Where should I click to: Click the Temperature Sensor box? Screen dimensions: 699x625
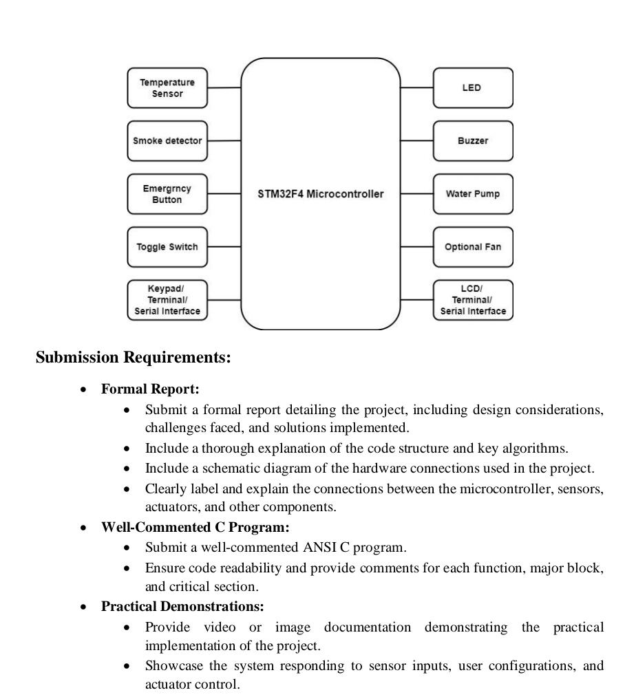pos(167,88)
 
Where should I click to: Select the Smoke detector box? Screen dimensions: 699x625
pos(167,141)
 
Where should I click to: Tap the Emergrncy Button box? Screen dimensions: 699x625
pos(167,194)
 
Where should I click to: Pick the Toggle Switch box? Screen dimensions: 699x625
pos(167,247)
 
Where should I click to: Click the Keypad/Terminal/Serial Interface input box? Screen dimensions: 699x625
pos(167,301)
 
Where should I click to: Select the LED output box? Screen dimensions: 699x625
pos(473,88)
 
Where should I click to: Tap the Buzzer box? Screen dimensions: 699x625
pos(473,141)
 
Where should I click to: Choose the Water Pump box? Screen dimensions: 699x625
pos(473,194)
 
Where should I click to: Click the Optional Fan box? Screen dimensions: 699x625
pos(473,247)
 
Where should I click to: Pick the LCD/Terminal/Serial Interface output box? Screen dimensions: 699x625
pos(473,301)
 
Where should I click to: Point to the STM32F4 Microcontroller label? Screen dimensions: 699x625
pos(320,194)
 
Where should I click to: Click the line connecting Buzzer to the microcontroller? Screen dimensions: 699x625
pos(416,141)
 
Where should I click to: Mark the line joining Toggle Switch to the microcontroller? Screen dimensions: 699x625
pos(224,246)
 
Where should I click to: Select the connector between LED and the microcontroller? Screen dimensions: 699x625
pos(416,88)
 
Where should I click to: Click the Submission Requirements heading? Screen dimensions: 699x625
pos(133,358)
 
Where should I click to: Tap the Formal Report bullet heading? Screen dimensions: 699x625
pos(150,389)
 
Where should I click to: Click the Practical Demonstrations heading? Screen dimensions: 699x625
pos(182,607)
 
